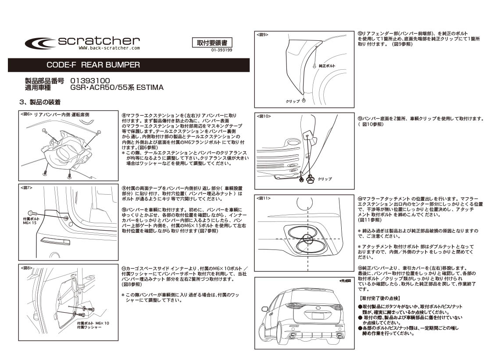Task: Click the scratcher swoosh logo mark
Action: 40,43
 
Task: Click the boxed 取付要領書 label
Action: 212,43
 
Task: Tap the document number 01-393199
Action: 221,50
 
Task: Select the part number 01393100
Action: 90,81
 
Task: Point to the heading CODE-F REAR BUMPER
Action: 93,65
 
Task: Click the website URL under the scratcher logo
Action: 109,48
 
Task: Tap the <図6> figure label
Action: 26,115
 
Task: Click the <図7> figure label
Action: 26,188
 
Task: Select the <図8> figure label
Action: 26,268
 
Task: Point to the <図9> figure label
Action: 262,35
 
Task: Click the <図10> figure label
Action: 264,116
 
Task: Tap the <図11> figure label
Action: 264,198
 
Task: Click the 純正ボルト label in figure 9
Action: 327,66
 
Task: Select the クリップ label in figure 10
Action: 325,179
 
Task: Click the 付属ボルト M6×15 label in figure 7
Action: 31,221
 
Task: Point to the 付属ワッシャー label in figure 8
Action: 89,327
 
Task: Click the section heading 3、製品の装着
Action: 40,102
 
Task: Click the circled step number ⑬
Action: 360,119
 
